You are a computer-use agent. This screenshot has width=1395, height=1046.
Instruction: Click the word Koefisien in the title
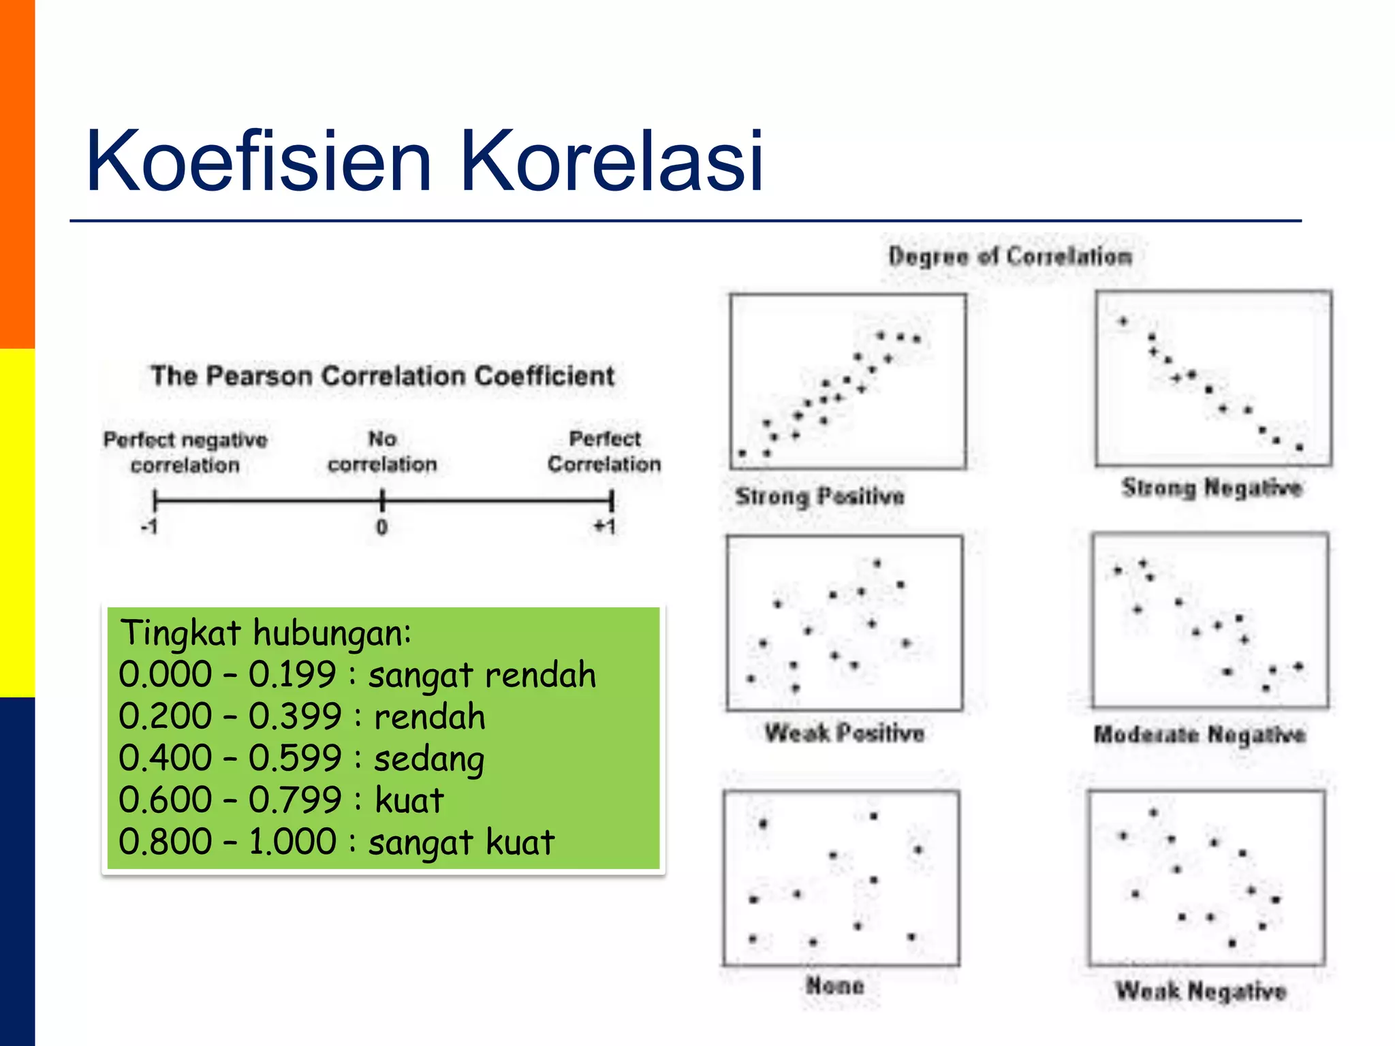point(259,162)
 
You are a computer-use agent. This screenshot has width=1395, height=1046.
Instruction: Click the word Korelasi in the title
point(611,162)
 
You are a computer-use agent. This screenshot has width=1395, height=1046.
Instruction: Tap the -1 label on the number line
point(150,527)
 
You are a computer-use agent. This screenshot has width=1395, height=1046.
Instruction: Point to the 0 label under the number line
point(382,527)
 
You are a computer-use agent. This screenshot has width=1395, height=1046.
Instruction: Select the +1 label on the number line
point(605,526)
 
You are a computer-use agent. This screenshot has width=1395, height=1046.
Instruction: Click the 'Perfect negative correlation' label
point(185,452)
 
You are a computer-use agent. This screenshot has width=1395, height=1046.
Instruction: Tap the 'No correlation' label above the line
point(382,451)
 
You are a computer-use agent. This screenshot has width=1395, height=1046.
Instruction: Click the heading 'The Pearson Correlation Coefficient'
point(382,376)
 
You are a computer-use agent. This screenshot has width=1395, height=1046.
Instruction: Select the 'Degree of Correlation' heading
point(1010,257)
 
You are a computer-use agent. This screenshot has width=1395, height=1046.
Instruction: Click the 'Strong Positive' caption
point(820,496)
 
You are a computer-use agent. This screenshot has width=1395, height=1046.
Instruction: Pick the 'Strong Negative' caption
point(1212,488)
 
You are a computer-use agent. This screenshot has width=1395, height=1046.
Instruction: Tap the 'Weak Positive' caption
point(844,733)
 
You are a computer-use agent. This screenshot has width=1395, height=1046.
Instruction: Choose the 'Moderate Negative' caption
point(1200,734)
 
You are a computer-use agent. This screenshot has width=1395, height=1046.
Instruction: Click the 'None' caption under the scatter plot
point(835,985)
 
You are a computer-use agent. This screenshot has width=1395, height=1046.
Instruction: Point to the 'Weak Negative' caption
point(1201,991)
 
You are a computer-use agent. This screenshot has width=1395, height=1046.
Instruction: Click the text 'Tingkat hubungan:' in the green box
point(266,633)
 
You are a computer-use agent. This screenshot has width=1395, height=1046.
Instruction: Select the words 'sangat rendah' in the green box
point(482,675)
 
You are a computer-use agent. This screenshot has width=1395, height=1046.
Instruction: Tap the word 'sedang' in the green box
point(429,759)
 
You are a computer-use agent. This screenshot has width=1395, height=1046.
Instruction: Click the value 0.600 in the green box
point(166,800)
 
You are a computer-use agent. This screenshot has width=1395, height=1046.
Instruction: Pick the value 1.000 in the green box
point(292,842)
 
